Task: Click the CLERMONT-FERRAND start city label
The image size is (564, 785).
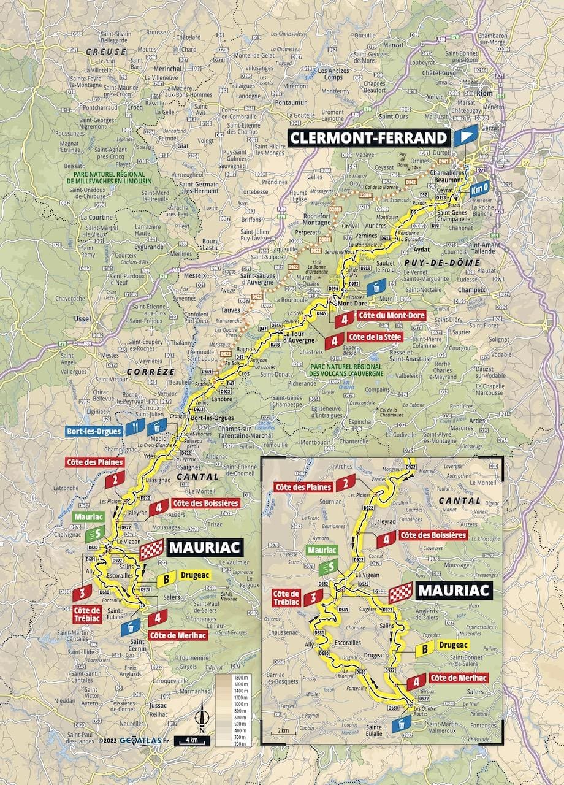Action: (x=368, y=138)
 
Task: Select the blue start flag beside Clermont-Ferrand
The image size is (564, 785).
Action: (x=465, y=136)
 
